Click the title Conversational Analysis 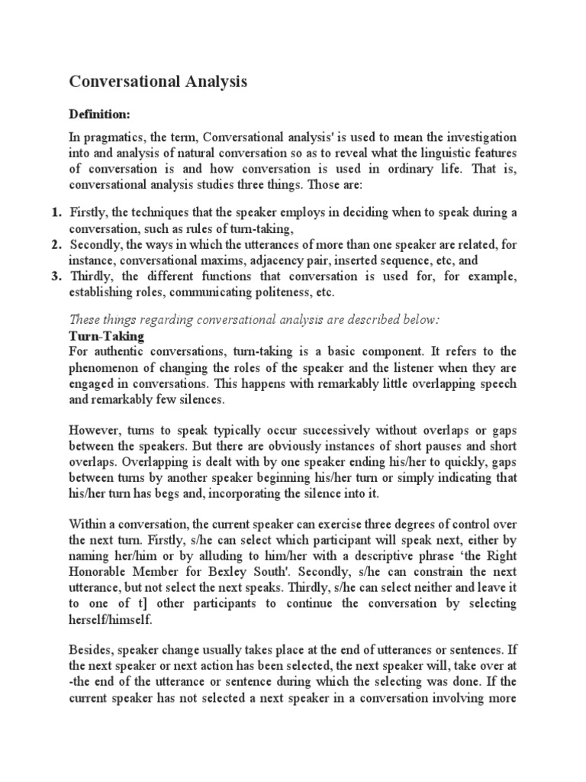159,82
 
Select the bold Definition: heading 100,114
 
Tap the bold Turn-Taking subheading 106,336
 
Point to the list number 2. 56,244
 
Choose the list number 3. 56,276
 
